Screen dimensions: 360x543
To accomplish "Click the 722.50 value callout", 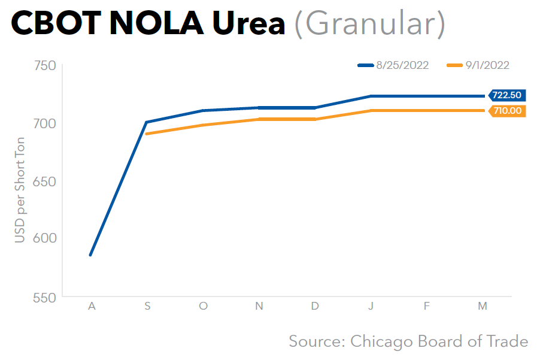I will coord(506,95).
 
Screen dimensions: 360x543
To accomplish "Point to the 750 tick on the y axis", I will coord(44,66).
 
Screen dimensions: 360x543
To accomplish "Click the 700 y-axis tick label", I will coord(44,124).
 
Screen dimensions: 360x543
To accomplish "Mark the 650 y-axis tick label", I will coord(44,181).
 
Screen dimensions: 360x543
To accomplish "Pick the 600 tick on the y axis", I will coord(44,239).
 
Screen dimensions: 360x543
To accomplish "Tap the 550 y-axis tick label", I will coord(44,297).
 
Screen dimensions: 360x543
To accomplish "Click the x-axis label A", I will coord(92,306).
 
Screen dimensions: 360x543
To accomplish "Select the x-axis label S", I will coord(147,306).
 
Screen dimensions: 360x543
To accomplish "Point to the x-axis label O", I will coord(204,306).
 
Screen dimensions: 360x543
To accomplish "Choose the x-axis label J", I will coord(371,306).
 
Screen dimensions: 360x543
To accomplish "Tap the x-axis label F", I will coord(427,306).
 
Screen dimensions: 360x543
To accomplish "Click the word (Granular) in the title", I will coord(369,25).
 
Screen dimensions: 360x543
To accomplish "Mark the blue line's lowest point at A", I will coord(90,255).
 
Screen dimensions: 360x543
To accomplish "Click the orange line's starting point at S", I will coord(147,134).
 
